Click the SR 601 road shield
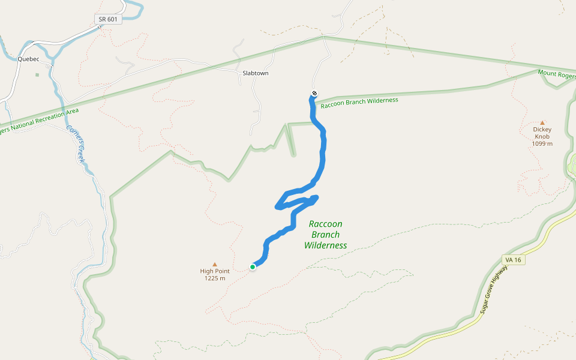click(x=109, y=19)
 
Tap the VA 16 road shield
click(x=512, y=259)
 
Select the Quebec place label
click(x=28, y=59)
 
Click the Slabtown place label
click(x=255, y=73)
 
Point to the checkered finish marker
click(x=314, y=93)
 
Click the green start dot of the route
click(x=253, y=267)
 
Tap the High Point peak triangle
click(x=215, y=263)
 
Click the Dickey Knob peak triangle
click(x=542, y=122)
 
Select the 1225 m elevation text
click(x=215, y=278)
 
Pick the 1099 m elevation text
click(x=542, y=144)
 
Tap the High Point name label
click(x=215, y=271)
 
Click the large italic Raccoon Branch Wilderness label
click(x=325, y=235)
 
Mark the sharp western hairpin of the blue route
click(x=277, y=207)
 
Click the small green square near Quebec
click(x=37, y=74)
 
